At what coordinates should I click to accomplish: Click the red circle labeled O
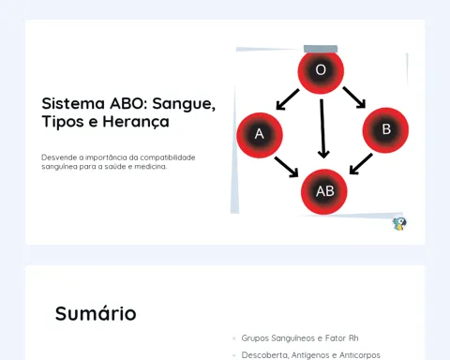pyautogui.click(x=321, y=71)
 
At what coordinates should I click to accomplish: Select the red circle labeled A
pyautogui.click(x=260, y=135)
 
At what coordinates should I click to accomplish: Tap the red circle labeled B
pyautogui.click(x=385, y=130)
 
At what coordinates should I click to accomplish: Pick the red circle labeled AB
pyautogui.click(x=324, y=192)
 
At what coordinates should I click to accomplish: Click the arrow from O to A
pyautogui.click(x=288, y=99)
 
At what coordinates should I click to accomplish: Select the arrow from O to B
pyautogui.click(x=354, y=97)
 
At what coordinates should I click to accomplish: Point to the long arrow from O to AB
pyautogui.click(x=322, y=128)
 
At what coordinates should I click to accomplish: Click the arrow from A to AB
pyautogui.click(x=287, y=167)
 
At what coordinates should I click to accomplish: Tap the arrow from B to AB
pyautogui.click(x=361, y=164)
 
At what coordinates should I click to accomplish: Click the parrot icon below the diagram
pyautogui.click(x=399, y=224)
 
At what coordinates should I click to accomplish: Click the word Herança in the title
pyautogui.click(x=136, y=122)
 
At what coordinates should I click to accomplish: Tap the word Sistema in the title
pyautogui.click(x=73, y=103)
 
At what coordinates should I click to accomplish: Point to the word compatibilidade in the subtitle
pyautogui.click(x=168, y=157)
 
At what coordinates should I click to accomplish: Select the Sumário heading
pyautogui.click(x=96, y=313)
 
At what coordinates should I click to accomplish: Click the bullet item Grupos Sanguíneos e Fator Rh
pyautogui.click(x=300, y=338)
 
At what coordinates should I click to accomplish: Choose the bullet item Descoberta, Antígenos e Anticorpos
pyautogui.click(x=311, y=355)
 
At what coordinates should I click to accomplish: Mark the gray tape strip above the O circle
pyautogui.click(x=321, y=49)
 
